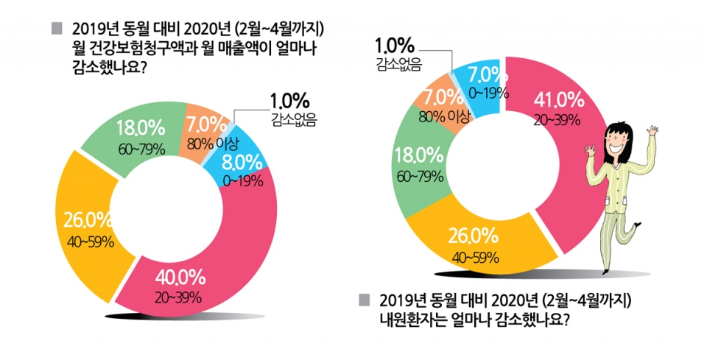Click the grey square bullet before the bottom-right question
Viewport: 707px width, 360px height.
coord(362,300)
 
